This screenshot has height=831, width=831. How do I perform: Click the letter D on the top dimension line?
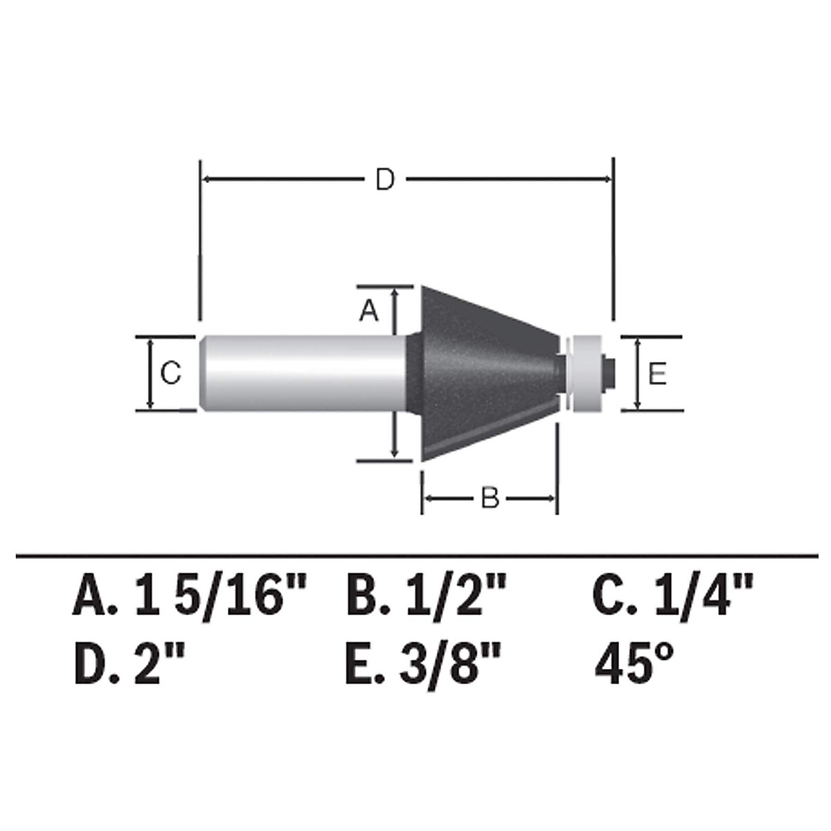(384, 180)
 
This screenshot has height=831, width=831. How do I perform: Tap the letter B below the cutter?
(490, 498)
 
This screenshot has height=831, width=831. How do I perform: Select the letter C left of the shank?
(170, 373)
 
